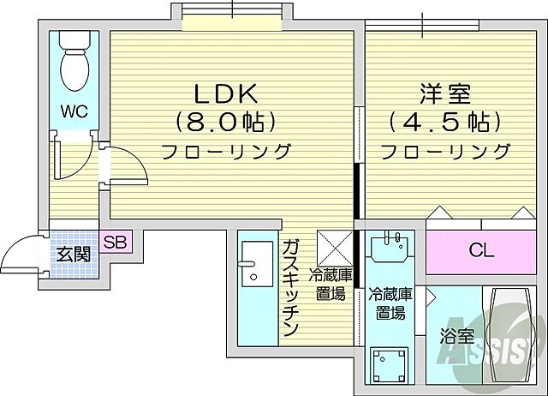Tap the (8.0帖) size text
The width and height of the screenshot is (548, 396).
pos(226,122)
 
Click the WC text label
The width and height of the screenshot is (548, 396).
pos(73,110)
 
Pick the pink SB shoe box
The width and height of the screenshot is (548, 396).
pos(116,243)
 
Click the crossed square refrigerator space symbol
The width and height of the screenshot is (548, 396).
pos(332,247)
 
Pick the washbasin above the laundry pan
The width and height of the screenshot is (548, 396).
pos(392,250)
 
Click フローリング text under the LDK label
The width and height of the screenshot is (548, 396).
pos(226,153)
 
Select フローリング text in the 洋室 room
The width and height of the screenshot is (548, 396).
pos(444,153)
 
